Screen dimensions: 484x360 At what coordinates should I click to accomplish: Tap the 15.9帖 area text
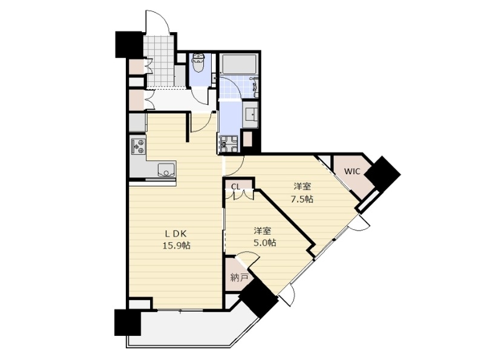tap(176, 246)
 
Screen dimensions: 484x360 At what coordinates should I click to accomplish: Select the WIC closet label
tap(352, 171)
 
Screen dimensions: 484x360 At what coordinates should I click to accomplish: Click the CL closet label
tap(236, 187)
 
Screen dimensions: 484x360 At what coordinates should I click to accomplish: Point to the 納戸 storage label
tap(240, 278)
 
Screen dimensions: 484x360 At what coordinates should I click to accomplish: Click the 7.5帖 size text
tap(302, 200)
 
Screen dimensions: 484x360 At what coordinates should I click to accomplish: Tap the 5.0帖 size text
tap(265, 243)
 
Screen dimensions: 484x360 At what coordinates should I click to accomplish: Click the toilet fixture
tap(198, 62)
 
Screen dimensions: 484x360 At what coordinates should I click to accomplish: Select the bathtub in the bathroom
tap(238, 64)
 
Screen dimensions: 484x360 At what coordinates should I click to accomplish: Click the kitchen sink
tap(166, 170)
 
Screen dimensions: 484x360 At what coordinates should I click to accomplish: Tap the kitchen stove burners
tap(139, 146)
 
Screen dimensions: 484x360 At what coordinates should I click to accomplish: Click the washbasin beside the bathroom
tap(250, 114)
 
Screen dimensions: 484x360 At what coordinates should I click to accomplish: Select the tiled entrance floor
tap(159, 62)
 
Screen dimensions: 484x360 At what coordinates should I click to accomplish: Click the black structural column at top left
tap(129, 44)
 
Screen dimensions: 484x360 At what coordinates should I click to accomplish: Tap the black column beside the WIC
tap(383, 173)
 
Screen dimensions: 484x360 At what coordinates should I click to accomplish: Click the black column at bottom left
tap(128, 322)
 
